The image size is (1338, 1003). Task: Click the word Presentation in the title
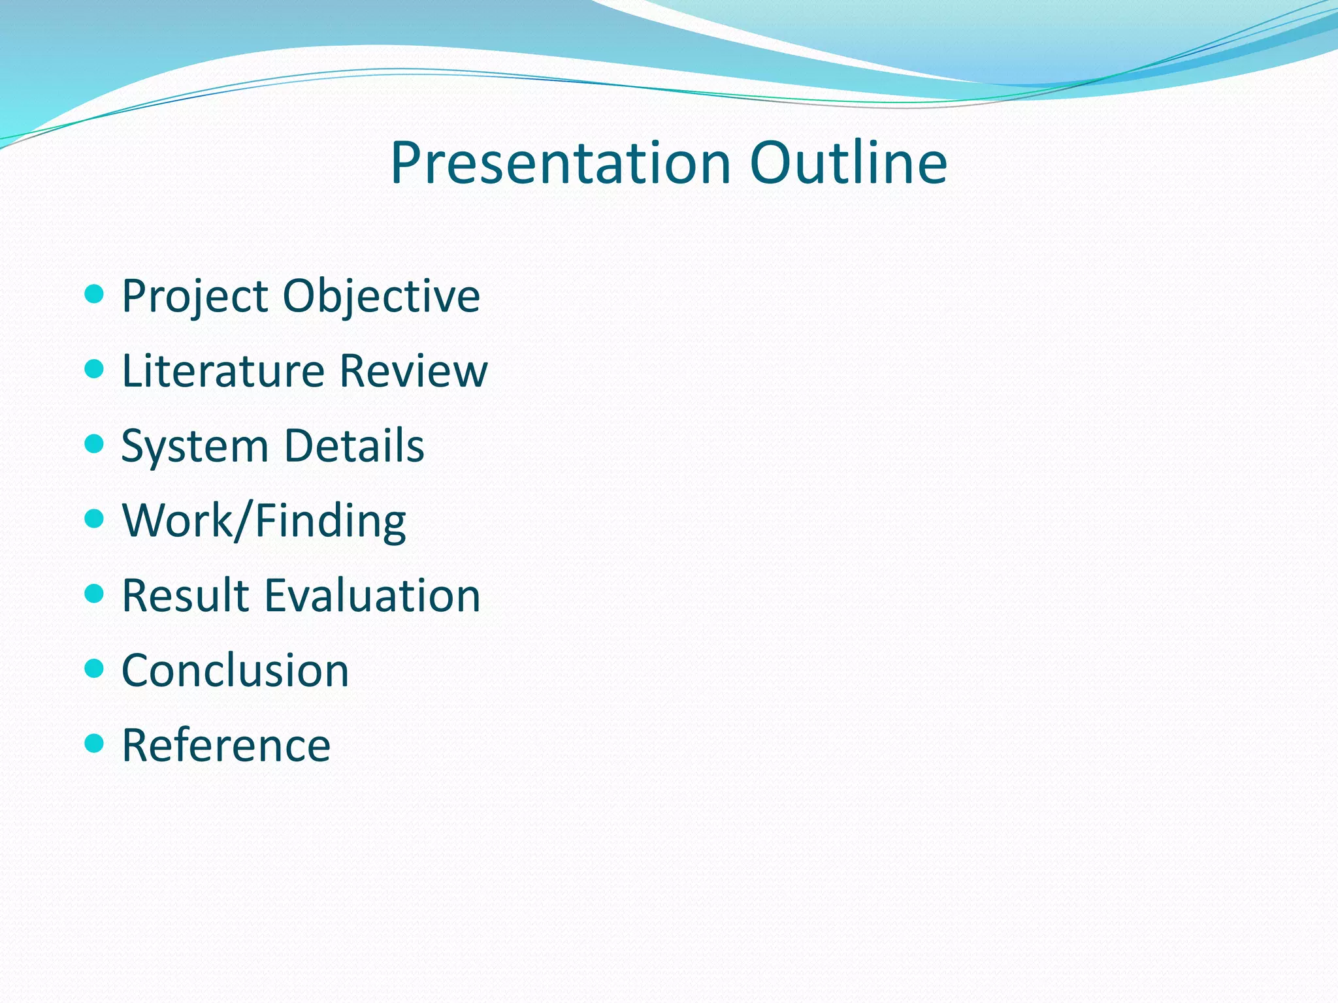[x=560, y=163]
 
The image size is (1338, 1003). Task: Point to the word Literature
[x=223, y=371]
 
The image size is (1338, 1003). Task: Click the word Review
[x=414, y=371]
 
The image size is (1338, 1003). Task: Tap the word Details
[x=354, y=446]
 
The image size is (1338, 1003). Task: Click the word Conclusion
[x=235, y=671]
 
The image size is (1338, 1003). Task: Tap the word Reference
[x=226, y=745]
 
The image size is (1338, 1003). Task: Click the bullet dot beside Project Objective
[x=95, y=294]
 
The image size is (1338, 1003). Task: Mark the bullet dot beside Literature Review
[x=95, y=369]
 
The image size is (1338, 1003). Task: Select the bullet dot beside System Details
[x=95, y=444]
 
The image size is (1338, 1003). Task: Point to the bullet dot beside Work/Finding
[x=95, y=518]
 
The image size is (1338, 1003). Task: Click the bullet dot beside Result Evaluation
[x=95, y=594]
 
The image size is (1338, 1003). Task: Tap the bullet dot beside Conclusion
[x=95, y=668]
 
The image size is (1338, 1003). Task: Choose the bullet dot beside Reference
[x=95, y=743]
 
